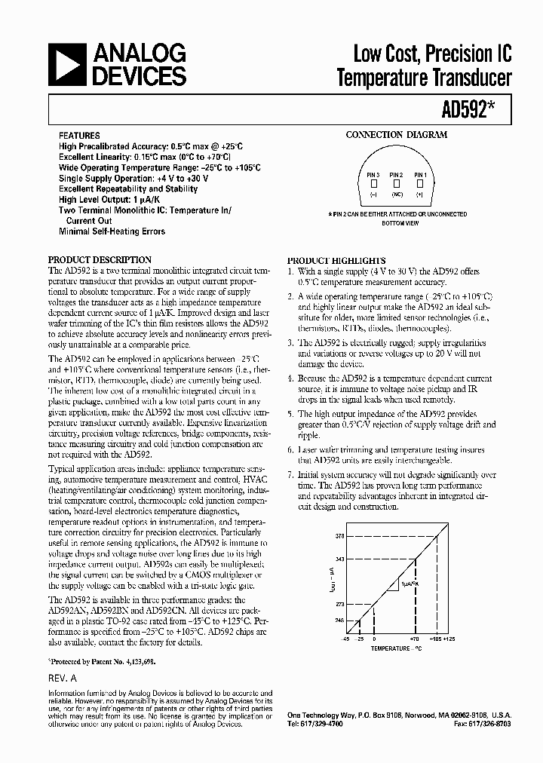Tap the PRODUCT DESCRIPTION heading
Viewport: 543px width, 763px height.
pyautogui.click(x=100, y=259)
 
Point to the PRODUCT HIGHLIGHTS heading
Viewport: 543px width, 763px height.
pyautogui.click(x=336, y=259)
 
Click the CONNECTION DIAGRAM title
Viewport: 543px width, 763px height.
pyautogui.click(x=396, y=135)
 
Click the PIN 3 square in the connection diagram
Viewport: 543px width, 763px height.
pyautogui.click(x=373, y=183)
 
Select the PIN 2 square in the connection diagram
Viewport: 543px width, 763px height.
pyautogui.click(x=396, y=183)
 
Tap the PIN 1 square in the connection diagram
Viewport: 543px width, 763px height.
pyautogui.click(x=419, y=183)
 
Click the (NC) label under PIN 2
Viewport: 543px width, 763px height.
pyautogui.click(x=396, y=195)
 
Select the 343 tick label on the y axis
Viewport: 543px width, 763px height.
pyautogui.click(x=340, y=559)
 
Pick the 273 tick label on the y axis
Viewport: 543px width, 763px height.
pyautogui.click(x=340, y=604)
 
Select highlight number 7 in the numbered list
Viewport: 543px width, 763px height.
pyautogui.click(x=291, y=475)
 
